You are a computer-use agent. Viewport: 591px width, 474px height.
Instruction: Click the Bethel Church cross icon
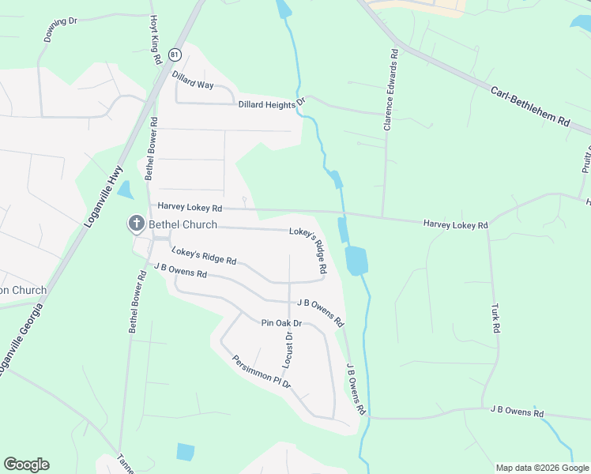coord(137,224)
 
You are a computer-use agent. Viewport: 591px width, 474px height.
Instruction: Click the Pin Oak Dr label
coord(282,323)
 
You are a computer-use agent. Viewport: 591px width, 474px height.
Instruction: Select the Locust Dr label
coord(288,348)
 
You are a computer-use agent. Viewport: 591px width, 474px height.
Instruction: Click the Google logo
coord(26,465)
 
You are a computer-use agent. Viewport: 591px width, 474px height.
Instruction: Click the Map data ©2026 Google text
coord(541,468)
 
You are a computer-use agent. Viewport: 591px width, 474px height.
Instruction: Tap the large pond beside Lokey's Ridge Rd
coord(356,260)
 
